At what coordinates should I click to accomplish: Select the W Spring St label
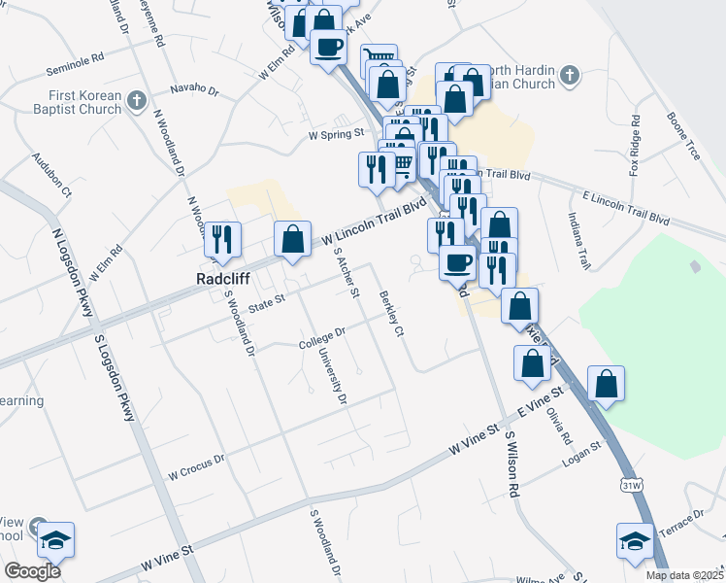(x=335, y=134)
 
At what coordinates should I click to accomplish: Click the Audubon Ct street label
(x=50, y=175)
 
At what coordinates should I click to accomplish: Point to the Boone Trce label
(x=682, y=137)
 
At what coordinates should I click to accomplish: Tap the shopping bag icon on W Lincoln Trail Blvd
(x=291, y=239)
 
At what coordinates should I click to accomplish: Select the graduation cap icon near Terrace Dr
(x=635, y=540)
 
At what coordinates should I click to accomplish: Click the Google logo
(x=32, y=571)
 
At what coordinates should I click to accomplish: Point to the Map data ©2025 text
(x=683, y=575)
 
